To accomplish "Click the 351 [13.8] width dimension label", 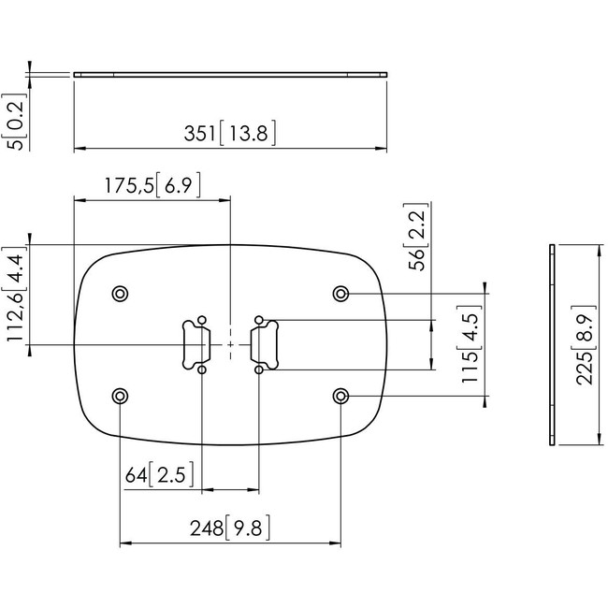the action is click(x=230, y=133).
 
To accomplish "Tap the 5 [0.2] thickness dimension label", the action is click(x=14, y=122).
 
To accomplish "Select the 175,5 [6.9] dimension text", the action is click(x=152, y=185).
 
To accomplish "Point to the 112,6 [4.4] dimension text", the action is click(x=15, y=294).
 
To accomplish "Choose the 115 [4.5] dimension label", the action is click(x=470, y=344).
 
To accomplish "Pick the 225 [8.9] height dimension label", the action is click(x=585, y=345).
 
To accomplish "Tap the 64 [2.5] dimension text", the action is click(x=159, y=474).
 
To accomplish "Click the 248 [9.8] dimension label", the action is click(x=230, y=528).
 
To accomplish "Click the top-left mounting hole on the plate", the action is click(x=121, y=294).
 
